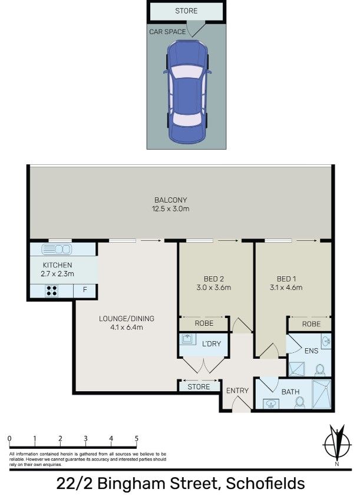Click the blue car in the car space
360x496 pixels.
(x=187, y=92)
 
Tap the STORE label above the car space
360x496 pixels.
(x=186, y=11)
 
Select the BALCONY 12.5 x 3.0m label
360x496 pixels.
(x=171, y=204)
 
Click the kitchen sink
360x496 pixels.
(x=57, y=249)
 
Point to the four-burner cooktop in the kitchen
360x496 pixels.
(x=52, y=290)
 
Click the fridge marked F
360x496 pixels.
(x=85, y=291)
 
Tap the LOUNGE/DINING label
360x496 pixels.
(x=127, y=319)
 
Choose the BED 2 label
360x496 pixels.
(x=213, y=279)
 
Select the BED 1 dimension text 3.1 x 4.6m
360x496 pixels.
(x=286, y=287)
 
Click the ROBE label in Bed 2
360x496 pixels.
(x=204, y=323)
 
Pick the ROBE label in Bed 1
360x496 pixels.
(x=311, y=324)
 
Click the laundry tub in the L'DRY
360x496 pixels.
(x=188, y=339)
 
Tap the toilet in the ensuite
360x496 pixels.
(x=320, y=370)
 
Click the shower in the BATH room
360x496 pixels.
(x=321, y=394)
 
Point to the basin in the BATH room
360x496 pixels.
(x=271, y=404)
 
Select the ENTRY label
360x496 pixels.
(x=237, y=391)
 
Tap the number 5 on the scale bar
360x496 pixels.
(x=137, y=438)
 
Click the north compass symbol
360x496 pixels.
(x=336, y=444)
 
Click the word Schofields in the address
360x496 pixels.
(x=265, y=484)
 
